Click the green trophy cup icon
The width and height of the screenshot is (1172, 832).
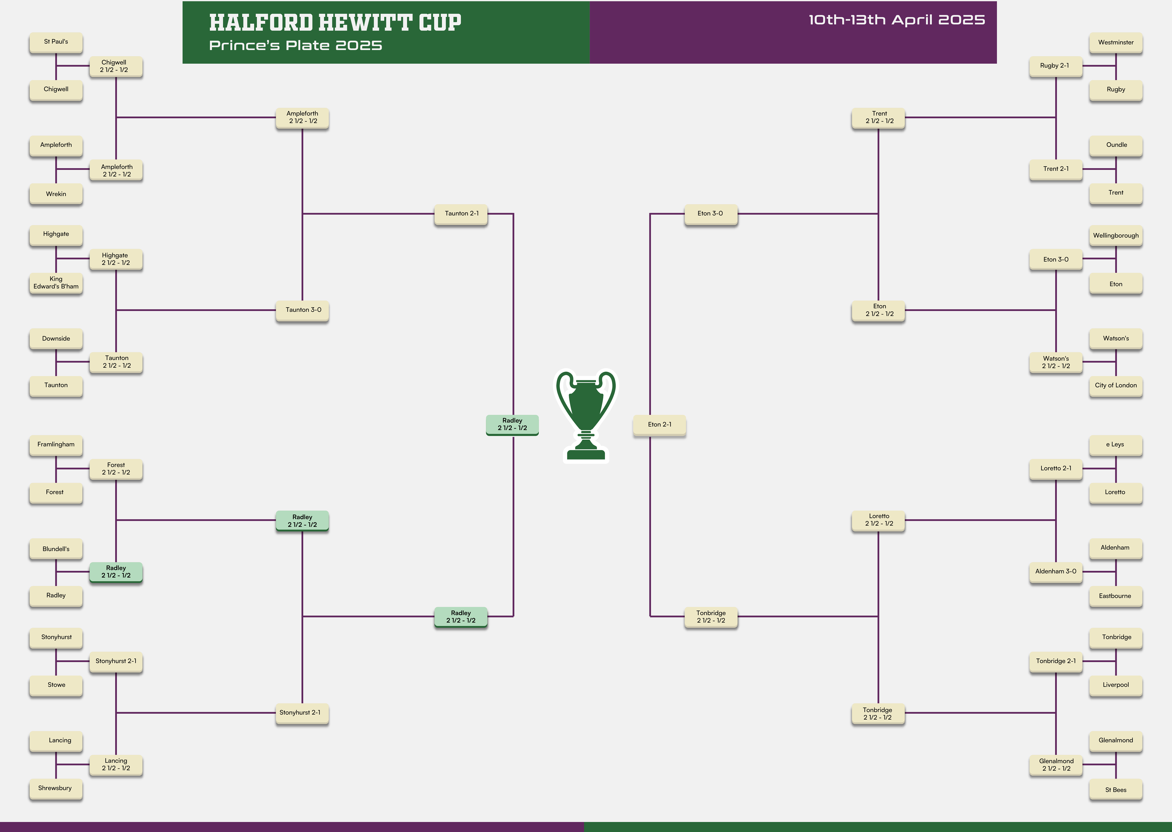click(586, 415)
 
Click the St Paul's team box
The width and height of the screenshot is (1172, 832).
click(56, 42)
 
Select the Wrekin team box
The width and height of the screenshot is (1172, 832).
click(56, 194)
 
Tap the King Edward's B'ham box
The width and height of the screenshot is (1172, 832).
click(56, 283)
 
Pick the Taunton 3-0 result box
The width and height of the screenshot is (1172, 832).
click(302, 310)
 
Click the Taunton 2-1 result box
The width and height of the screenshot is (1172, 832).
click(461, 214)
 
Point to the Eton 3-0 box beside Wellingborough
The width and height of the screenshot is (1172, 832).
click(1056, 260)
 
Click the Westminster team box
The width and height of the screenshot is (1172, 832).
click(1116, 42)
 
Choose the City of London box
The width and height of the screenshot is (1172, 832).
click(1116, 386)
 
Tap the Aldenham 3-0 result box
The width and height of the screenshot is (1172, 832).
click(1056, 572)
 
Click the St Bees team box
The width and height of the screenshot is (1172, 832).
click(1116, 790)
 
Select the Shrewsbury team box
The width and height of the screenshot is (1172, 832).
click(56, 788)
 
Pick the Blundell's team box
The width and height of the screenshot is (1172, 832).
click(56, 549)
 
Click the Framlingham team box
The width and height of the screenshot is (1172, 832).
click(56, 445)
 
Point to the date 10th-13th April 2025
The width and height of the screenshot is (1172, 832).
click(896, 20)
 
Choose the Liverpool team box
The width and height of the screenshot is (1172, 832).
click(1116, 685)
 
